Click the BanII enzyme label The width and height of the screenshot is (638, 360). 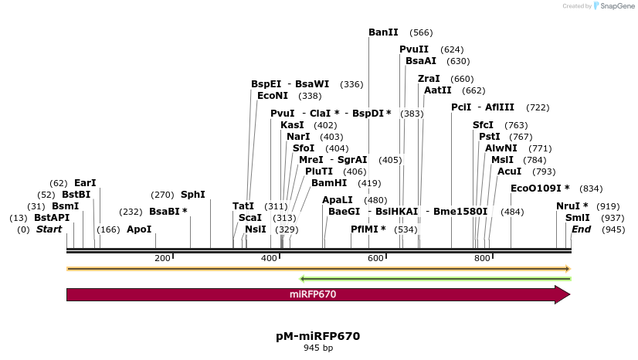(x=383, y=32)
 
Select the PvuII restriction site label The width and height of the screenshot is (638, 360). (x=414, y=49)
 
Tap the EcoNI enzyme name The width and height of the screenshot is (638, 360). (x=273, y=96)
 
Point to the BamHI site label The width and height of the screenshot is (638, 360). (x=330, y=183)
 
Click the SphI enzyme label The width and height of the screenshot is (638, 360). (x=192, y=195)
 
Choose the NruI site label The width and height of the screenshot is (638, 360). (x=572, y=206)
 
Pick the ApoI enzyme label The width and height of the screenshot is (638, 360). (x=139, y=229)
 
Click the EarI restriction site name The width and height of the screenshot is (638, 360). (x=85, y=183)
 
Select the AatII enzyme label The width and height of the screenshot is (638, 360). (x=438, y=90)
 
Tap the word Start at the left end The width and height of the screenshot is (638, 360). (x=49, y=229)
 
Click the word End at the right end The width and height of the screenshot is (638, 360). (x=581, y=229)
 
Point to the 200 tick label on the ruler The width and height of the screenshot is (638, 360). (x=162, y=258)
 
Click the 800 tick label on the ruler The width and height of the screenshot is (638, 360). (x=482, y=258)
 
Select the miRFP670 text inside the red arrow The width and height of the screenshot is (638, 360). (x=313, y=294)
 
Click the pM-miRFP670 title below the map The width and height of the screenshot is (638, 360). (x=317, y=336)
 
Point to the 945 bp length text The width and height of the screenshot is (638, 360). (x=317, y=348)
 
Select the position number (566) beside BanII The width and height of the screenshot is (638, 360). (x=421, y=32)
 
